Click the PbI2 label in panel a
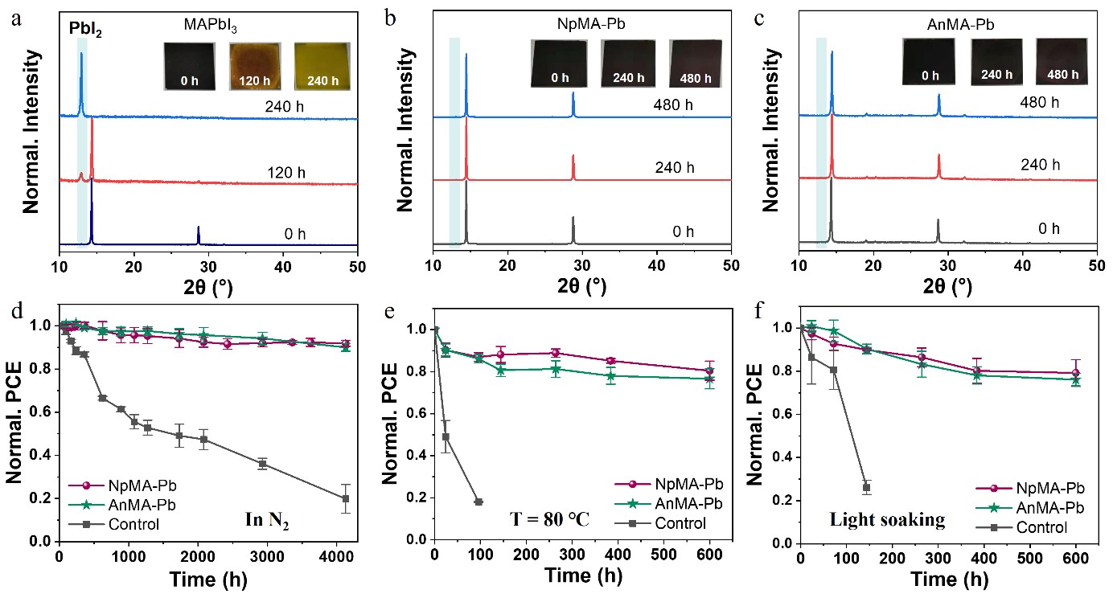[85, 33]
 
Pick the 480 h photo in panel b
[696, 63]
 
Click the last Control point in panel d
[346, 498]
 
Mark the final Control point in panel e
[478, 502]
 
